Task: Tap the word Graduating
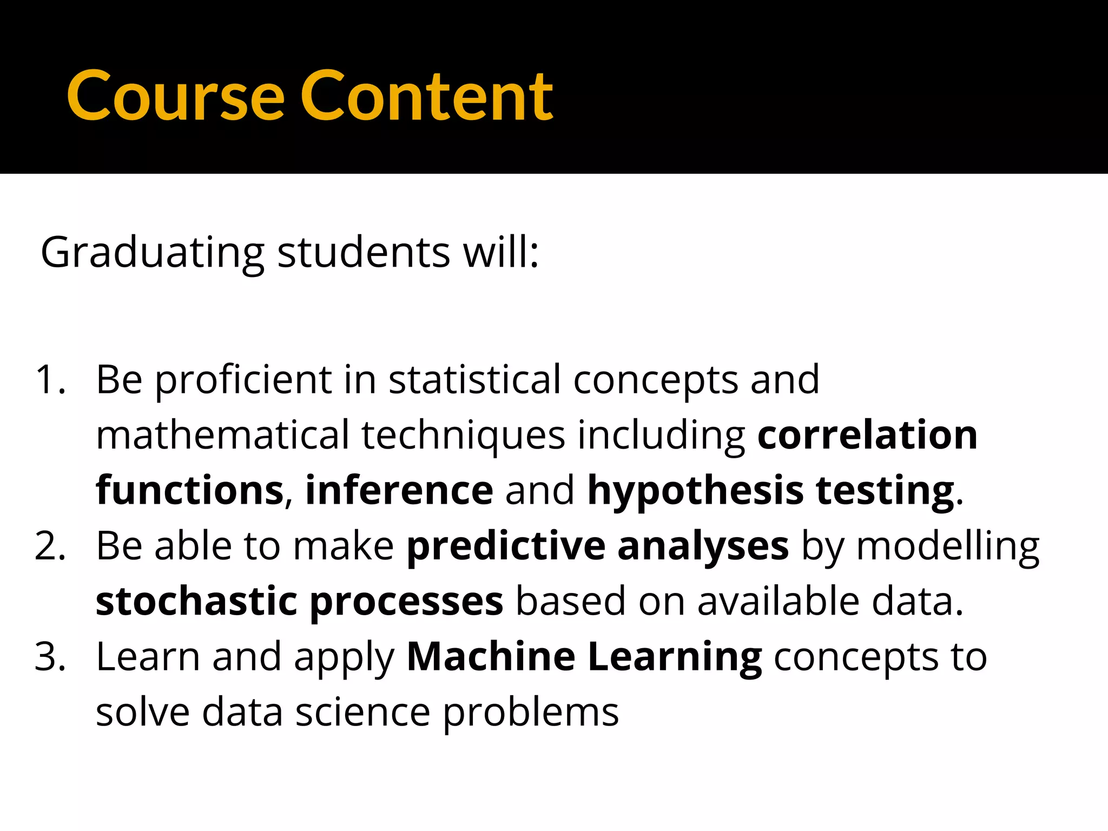(152, 253)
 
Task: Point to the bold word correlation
(867, 435)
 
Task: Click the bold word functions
(189, 490)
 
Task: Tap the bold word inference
(399, 490)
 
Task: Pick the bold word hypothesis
(695, 491)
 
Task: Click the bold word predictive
(505, 546)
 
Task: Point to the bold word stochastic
(196, 602)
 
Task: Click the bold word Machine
(491, 657)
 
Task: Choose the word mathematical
(222, 435)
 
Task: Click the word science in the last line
(362, 713)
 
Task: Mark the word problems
(531, 714)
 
